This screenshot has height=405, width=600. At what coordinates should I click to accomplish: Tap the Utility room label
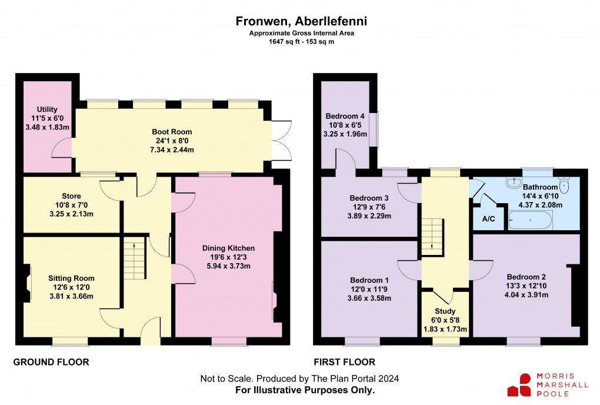[x=48, y=109]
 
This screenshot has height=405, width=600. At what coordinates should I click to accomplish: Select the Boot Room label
[x=172, y=132]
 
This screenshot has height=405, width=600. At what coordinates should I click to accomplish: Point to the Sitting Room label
[x=71, y=278]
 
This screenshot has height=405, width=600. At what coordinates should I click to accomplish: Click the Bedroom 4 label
[x=345, y=116]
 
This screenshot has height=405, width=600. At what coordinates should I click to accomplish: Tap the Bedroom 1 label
[x=369, y=280]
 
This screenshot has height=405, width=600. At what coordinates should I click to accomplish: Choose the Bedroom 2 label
[x=526, y=277]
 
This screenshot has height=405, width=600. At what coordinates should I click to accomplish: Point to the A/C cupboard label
[x=488, y=220]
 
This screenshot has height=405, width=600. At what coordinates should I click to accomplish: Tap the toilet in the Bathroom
[x=564, y=184]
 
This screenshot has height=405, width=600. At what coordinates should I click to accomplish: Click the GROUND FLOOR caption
[x=51, y=362]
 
